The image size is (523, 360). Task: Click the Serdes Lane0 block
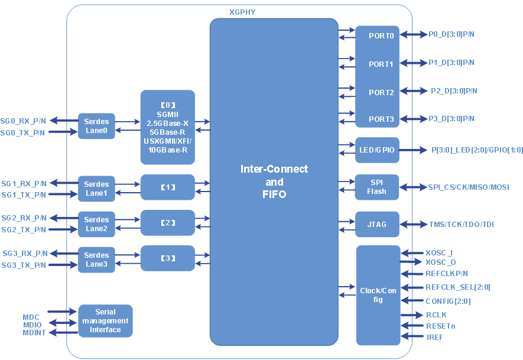point(96,126)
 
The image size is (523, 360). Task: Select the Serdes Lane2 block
point(96,224)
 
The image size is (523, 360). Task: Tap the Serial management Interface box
point(105,321)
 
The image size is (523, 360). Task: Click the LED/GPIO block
point(376,150)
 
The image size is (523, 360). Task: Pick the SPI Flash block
point(376,187)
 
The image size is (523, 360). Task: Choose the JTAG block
point(377,224)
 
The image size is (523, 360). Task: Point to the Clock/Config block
point(378,295)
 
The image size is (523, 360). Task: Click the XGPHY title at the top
point(242,12)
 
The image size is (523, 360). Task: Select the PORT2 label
point(381,92)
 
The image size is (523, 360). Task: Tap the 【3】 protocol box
point(168,258)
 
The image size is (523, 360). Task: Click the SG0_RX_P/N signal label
point(24,121)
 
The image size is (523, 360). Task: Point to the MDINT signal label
point(35,333)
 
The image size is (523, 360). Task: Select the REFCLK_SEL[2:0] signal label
point(458,287)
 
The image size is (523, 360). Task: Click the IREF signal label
point(434,337)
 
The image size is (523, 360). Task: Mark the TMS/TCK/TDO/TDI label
point(462,224)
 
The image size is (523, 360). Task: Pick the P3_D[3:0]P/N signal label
point(451,119)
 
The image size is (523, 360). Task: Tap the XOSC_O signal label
point(441,262)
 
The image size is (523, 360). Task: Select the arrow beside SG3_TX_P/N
point(63,265)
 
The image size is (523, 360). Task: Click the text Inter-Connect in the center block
point(274,169)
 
